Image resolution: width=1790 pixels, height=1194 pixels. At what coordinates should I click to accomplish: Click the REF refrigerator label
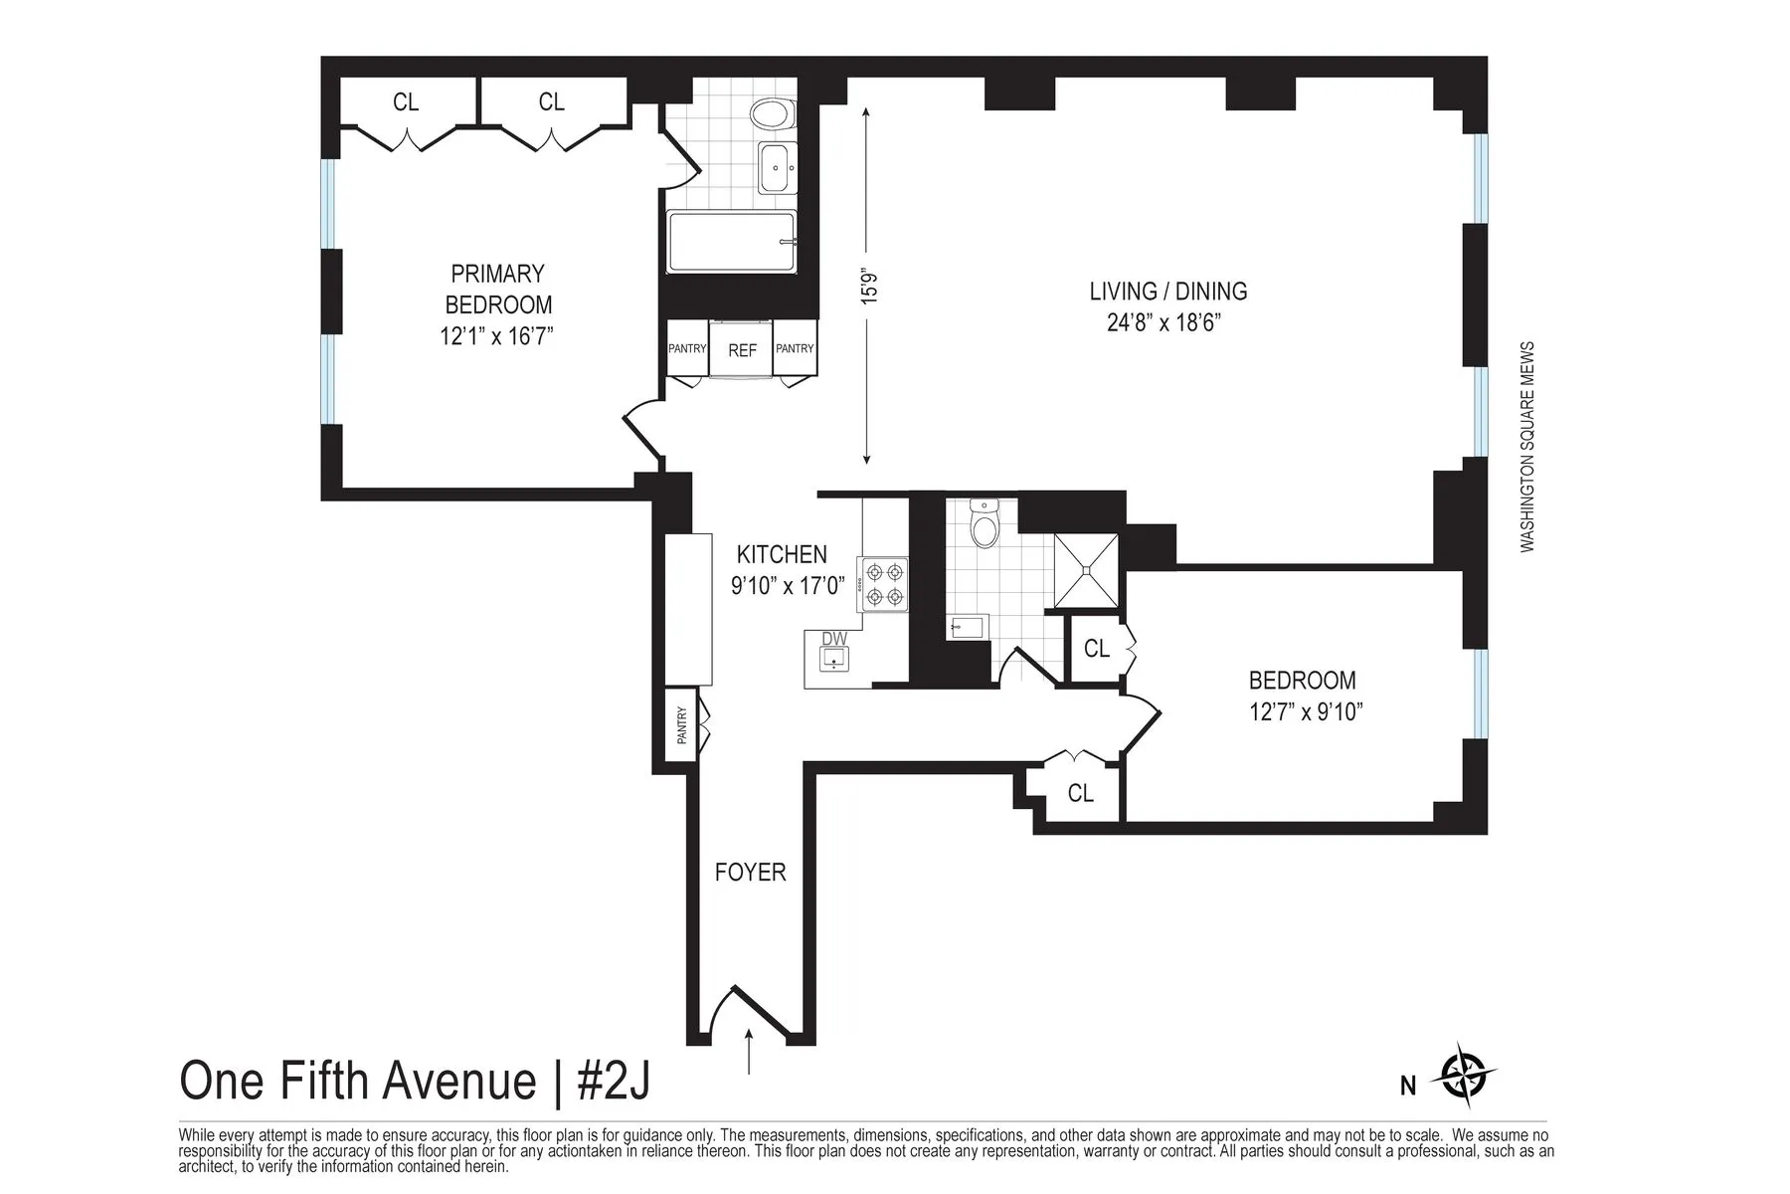click(742, 350)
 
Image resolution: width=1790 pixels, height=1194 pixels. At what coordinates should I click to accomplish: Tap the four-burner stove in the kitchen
click(885, 584)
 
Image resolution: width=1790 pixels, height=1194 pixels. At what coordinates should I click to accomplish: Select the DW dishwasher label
click(833, 639)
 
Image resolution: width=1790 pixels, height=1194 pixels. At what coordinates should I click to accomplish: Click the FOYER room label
click(750, 873)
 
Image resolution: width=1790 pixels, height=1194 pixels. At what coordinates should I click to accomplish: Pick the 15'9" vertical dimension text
click(872, 286)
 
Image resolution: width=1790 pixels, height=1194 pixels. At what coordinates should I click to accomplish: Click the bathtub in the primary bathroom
click(732, 242)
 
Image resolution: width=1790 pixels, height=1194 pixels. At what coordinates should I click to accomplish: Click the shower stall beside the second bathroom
click(1085, 570)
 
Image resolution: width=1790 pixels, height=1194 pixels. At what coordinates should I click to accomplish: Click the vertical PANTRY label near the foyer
click(681, 725)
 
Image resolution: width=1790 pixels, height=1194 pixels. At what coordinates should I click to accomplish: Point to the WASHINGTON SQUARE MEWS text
click(1527, 448)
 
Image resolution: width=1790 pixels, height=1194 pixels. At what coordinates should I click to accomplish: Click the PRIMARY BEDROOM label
click(497, 289)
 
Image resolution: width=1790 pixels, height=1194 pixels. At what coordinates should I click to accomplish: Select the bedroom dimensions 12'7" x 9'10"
click(1305, 712)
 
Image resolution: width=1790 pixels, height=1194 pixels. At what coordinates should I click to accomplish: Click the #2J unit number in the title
click(613, 1082)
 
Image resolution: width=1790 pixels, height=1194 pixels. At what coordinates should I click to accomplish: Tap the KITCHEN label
click(782, 554)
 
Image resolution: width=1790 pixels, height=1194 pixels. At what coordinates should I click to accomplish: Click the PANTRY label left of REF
click(686, 348)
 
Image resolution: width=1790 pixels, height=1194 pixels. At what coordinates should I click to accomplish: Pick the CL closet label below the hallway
click(1080, 793)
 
